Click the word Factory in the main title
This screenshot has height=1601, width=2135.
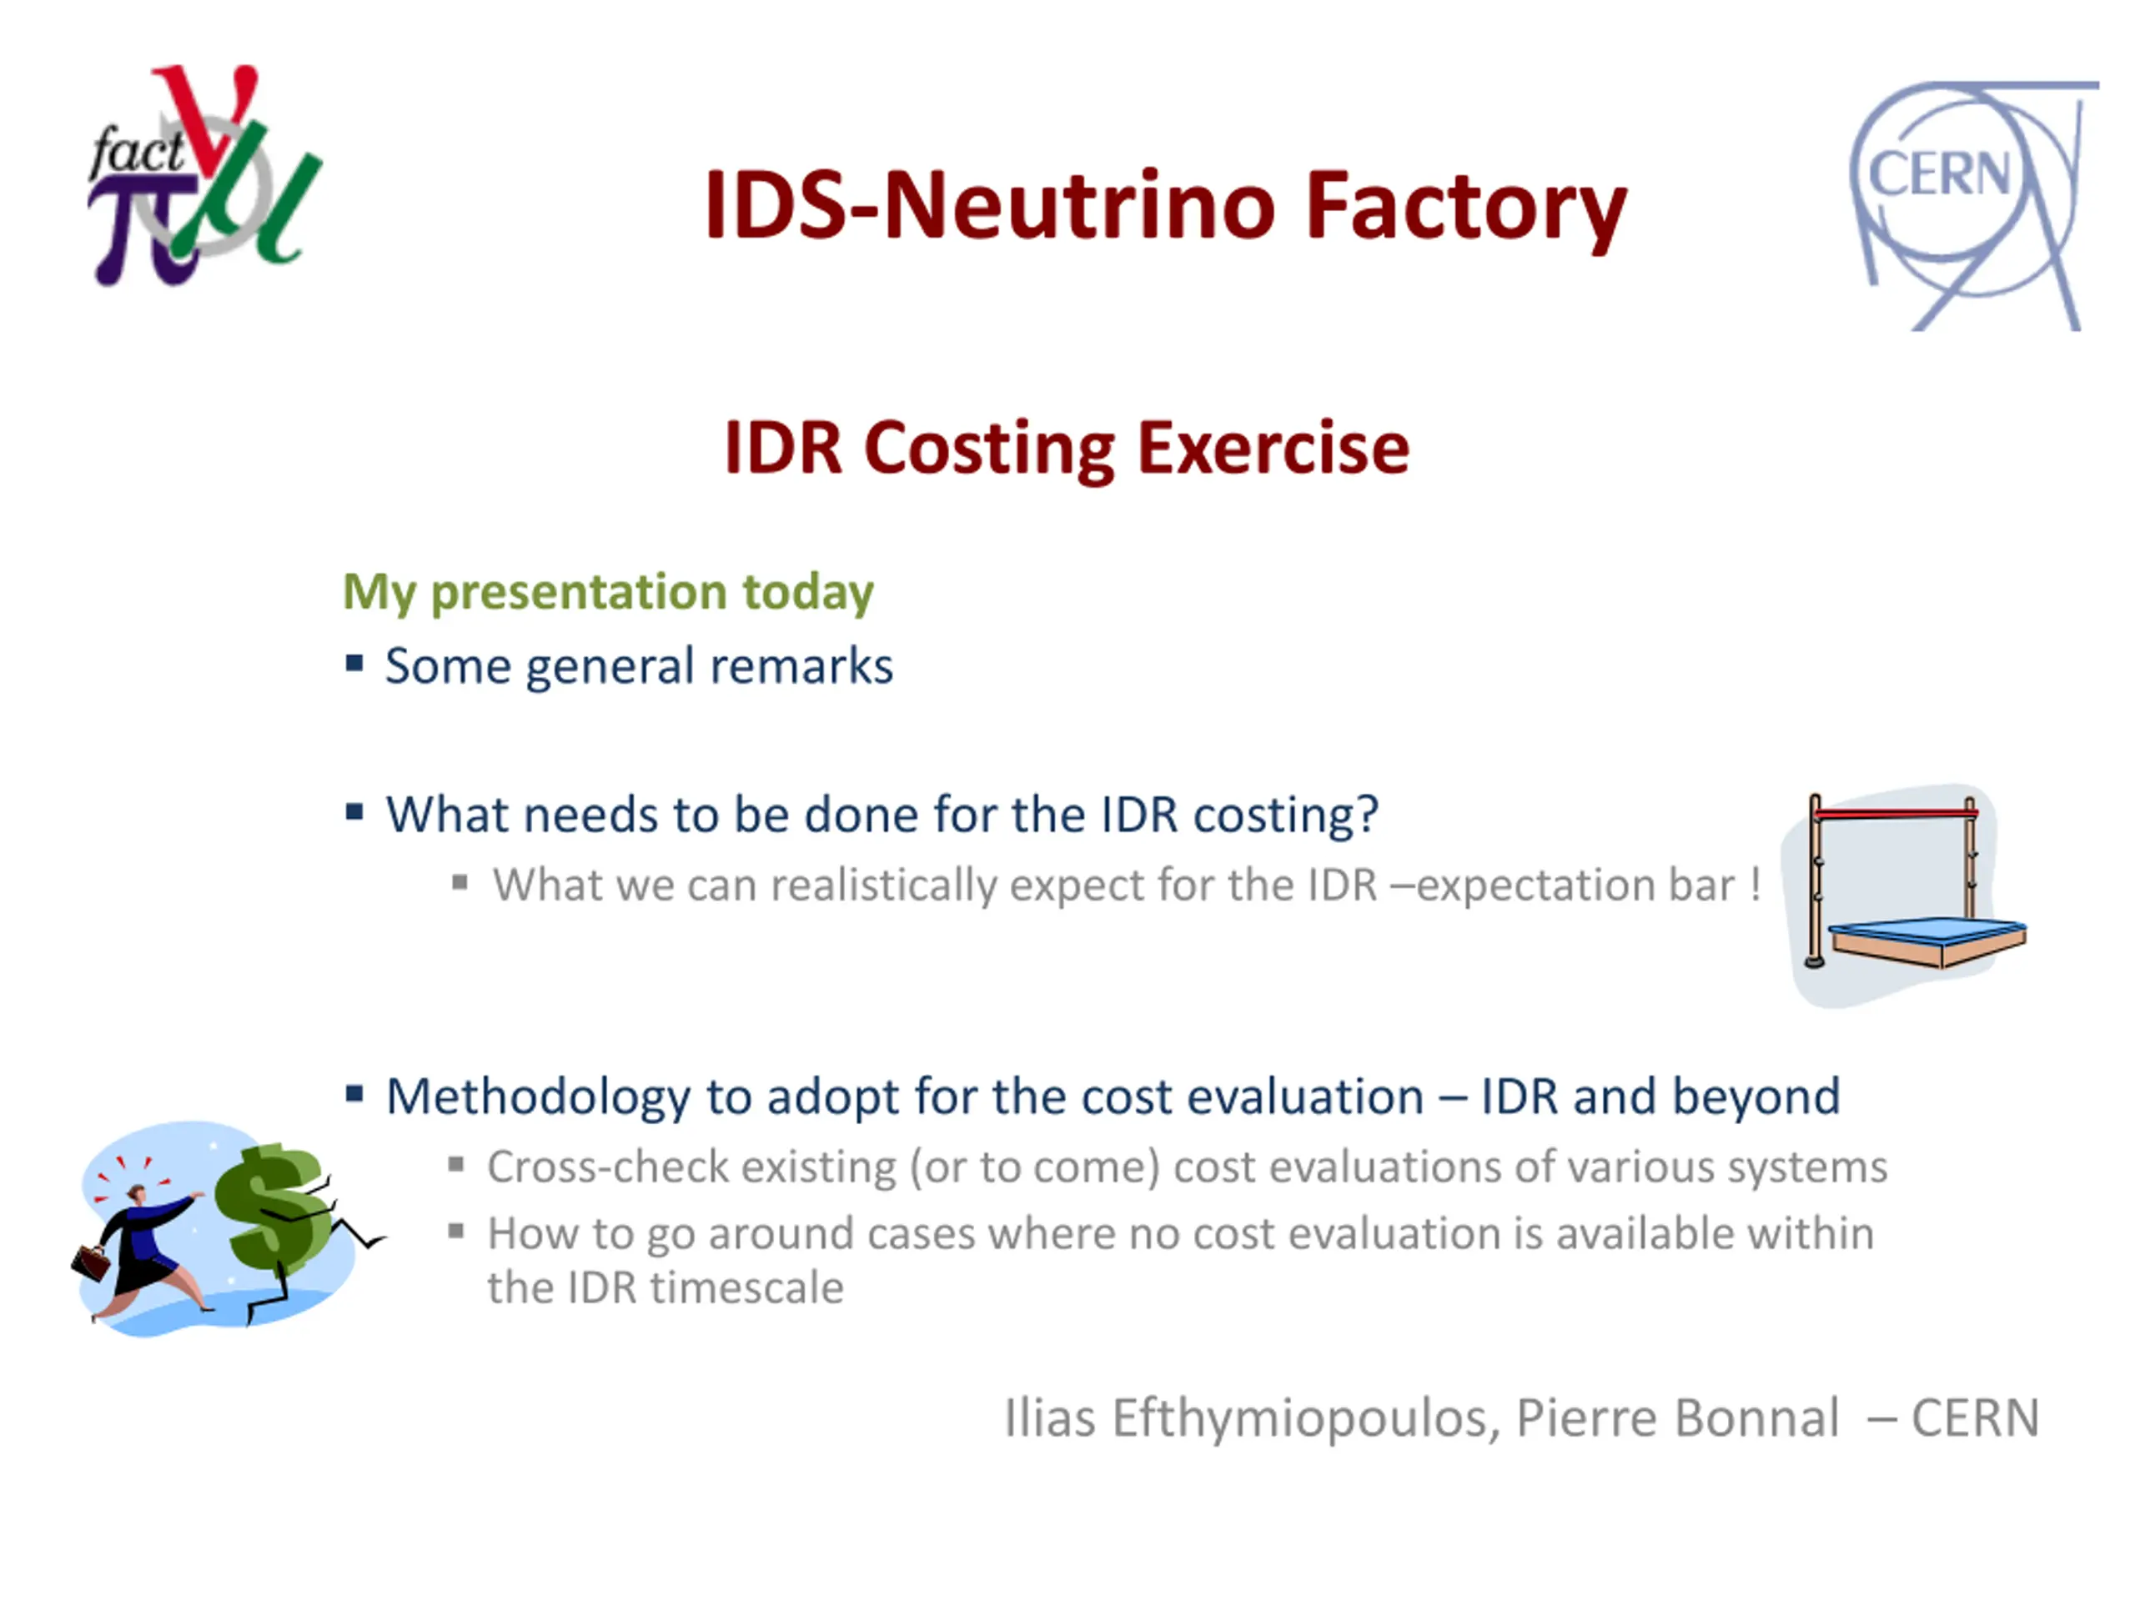(1466, 207)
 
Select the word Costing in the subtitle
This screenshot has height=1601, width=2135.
(988, 449)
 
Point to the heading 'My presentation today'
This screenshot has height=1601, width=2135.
(608, 591)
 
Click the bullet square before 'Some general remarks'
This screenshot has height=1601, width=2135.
(354, 663)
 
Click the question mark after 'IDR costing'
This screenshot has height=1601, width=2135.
(1367, 814)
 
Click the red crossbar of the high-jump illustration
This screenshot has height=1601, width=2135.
(1895, 814)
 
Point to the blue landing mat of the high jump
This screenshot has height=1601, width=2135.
(1927, 931)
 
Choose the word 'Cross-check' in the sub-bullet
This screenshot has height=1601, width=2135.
(607, 1167)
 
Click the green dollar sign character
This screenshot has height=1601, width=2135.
(274, 1203)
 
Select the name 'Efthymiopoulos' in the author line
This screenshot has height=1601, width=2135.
(1306, 1418)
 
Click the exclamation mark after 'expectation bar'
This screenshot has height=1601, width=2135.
(1756, 884)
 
